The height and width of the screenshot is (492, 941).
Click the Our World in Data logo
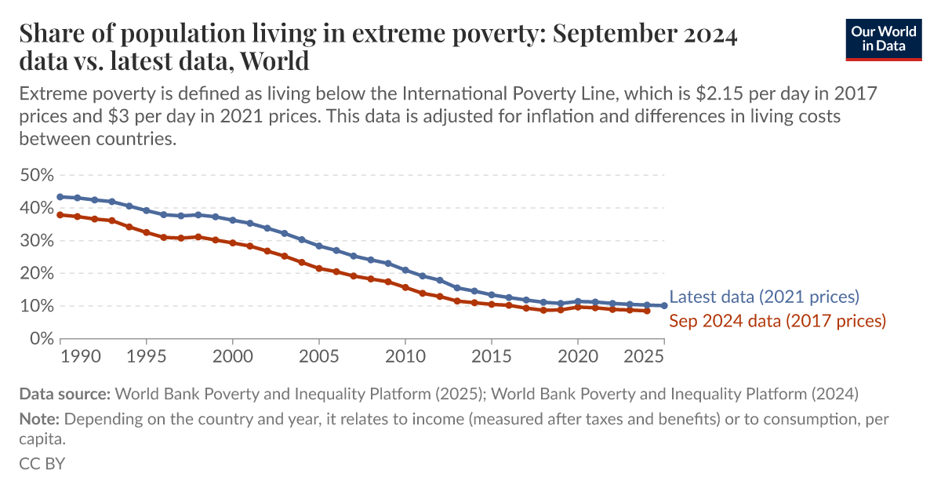(x=883, y=38)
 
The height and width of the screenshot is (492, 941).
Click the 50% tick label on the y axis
(x=36, y=175)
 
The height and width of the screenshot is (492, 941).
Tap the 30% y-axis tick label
(x=36, y=241)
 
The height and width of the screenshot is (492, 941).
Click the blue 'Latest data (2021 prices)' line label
(x=765, y=297)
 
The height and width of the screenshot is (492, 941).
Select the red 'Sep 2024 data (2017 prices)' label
(x=777, y=320)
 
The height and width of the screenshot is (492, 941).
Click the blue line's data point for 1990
(x=60, y=197)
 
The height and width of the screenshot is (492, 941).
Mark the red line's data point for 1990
(x=60, y=215)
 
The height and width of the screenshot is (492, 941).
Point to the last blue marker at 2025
(x=664, y=305)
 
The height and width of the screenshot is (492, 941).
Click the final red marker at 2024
(x=647, y=311)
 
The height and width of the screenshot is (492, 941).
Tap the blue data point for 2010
(x=405, y=270)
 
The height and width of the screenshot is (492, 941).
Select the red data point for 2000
(x=233, y=242)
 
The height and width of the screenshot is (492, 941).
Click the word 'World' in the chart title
(x=275, y=60)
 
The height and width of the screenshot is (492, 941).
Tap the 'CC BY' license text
(x=42, y=463)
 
